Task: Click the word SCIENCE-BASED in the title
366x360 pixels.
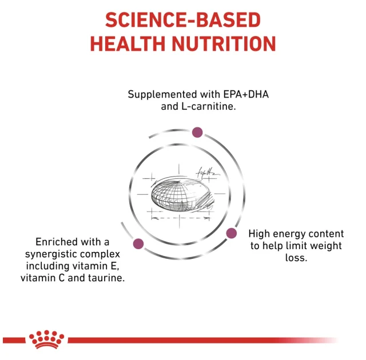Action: pyautogui.click(x=182, y=21)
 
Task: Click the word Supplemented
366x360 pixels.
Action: pyautogui.click(x=161, y=94)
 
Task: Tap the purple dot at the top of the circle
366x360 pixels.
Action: pyautogui.click(x=197, y=133)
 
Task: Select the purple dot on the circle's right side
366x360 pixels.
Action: pyautogui.click(x=232, y=233)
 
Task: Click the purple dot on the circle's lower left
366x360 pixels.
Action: pyautogui.click(x=138, y=244)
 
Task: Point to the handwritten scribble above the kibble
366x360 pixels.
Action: pyautogui.click(x=206, y=171)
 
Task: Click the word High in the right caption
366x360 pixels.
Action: pyautogui.click(x=260, y=234)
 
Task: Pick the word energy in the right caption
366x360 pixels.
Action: pyautogui.click(x=289, y=234)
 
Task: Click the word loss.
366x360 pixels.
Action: pyautogui.click(x=296, y=258)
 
